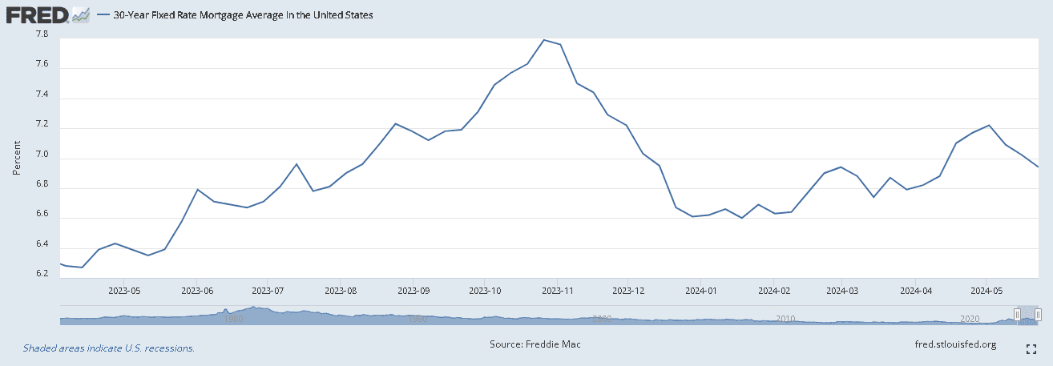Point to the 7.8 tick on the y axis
click(x=42, y=34)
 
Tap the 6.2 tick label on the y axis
click(x=42, y=273)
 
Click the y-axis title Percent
click(x=16, y=158)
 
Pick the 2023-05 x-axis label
click(x=125, y=292)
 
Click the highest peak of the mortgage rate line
click(x=544, y=40)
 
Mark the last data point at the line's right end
click(x=1039, y=167)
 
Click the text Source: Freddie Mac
click(x=535, y=344)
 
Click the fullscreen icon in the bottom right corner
click(x=1032, y=348)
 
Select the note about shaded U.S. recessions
click(x=109, y=348)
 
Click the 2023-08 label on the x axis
click(x=341, y=292)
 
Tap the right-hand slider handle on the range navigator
click(x=1038, y=314)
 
